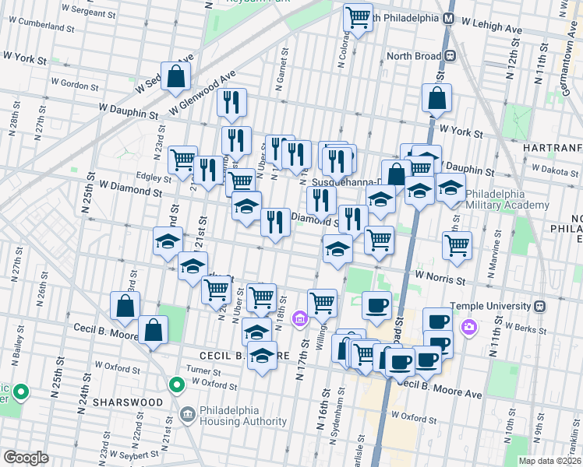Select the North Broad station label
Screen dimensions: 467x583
click(414, 56)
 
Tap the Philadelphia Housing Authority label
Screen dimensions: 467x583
click(242, 415)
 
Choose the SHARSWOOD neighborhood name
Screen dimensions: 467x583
click(127, 402)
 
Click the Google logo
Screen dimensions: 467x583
click(26, 458)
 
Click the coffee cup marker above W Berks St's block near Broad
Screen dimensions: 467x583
click(377, 304)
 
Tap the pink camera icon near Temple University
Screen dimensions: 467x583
click(468, 327)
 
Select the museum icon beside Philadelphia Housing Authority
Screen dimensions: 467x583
click(187, 414)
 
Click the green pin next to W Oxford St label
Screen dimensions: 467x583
click(177, 383)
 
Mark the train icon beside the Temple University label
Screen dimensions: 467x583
click(539, 306)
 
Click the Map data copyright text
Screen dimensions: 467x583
click(549, 460)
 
